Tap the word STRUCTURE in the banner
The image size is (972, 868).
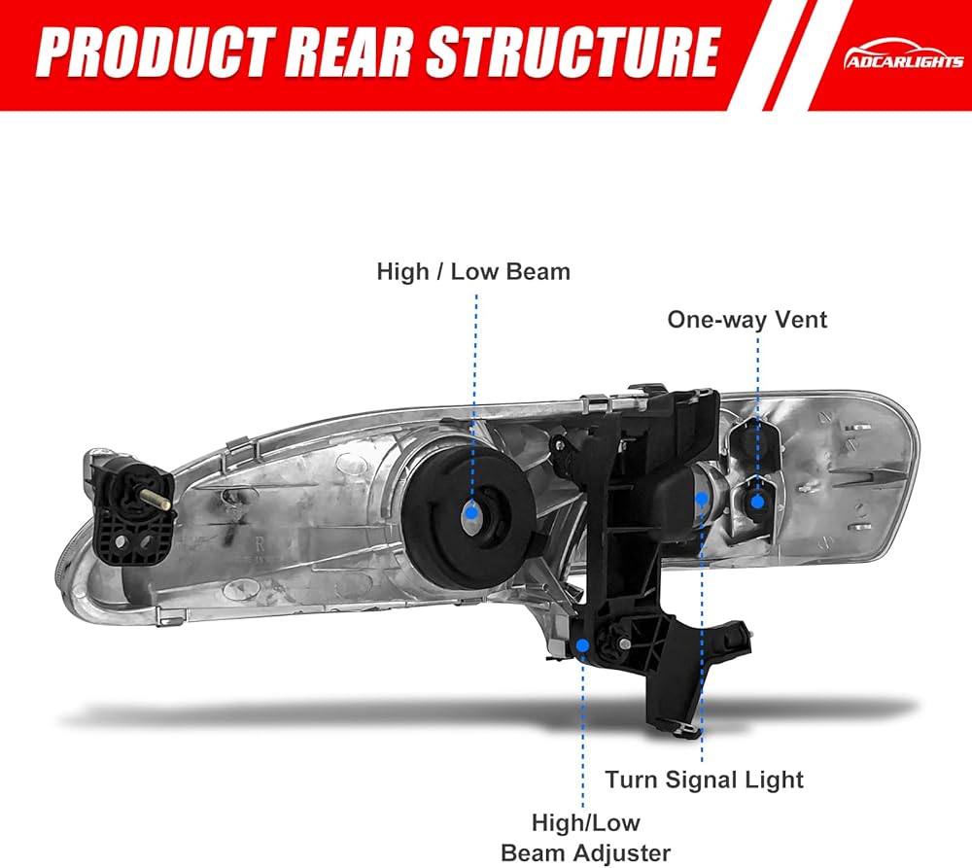tap(573, 54)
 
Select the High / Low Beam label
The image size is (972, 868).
tap(473, 271)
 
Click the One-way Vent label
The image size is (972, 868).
tap(746, 320)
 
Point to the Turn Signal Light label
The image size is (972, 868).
tap(705, 780)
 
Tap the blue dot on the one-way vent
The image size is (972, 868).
tap(756, 501)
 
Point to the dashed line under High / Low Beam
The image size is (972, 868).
tap(475, 389)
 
